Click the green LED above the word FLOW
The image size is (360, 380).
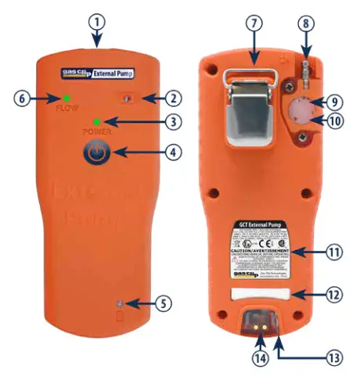tap(67, 98)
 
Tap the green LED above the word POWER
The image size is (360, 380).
tap(96, 122)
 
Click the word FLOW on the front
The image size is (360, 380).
tap(67, 108)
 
